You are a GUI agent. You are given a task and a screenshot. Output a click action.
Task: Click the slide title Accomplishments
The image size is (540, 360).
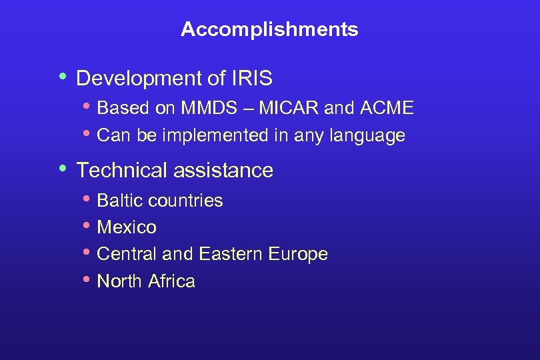coord(269,29)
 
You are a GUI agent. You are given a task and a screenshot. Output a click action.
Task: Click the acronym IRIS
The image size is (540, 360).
coord(252,79)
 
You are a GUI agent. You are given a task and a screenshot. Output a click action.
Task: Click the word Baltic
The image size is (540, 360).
coord(121,201)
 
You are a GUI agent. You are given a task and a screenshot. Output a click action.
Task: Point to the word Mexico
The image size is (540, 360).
coord(127,227)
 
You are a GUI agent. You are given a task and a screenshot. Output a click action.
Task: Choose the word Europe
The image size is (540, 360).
coord(297,255)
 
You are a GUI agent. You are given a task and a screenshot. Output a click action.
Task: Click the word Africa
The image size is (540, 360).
coord(172,281)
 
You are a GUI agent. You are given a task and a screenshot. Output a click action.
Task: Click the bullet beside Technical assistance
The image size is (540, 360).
coord(63,168)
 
